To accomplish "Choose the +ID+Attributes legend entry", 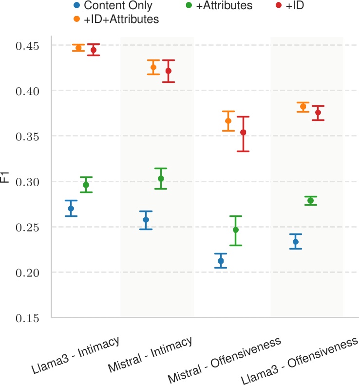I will (121, 19).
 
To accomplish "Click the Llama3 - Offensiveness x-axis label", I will (300, 360).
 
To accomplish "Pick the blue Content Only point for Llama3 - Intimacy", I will (71, 209).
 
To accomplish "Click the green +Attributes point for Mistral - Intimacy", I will (161, 179).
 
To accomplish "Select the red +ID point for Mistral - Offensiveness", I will (243, 133).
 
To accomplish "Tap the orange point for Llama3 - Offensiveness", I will (303, 107).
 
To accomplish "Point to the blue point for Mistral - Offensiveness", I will (221, 261).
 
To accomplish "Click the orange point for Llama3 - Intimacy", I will (78, 48).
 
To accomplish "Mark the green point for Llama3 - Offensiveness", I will (310, 201).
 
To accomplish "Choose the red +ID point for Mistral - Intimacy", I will (169, 71).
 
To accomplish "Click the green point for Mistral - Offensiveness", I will (236, 230).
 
